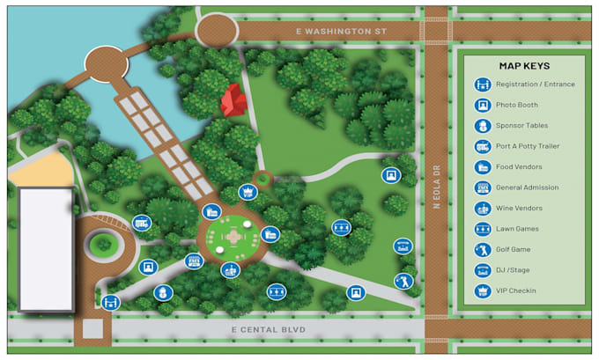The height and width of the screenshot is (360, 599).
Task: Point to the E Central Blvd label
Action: pos(268,330)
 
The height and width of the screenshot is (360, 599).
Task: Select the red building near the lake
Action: pos(233,100)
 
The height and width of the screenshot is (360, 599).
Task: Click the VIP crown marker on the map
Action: pos(247,192)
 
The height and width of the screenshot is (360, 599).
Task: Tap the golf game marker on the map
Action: pos(403,281)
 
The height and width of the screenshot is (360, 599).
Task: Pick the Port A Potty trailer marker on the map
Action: pos(141,224)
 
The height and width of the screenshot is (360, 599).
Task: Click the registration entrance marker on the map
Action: pos(110,303)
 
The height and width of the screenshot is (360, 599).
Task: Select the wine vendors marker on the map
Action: pos(231,270)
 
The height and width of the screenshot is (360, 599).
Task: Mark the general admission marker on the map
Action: pos(194,261)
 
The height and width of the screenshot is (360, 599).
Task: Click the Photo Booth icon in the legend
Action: pos(482,105)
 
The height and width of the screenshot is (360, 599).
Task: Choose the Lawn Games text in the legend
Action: pos(517,229)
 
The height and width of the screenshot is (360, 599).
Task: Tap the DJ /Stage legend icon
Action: pos(482,270)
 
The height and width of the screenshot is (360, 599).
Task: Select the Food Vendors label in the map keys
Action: pos(519,167)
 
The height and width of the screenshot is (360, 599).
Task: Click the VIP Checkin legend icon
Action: pos(482,290)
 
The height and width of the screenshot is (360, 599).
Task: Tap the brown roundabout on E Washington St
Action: pos(217,30)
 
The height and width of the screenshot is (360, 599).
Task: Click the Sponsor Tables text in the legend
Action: pos(522,126)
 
